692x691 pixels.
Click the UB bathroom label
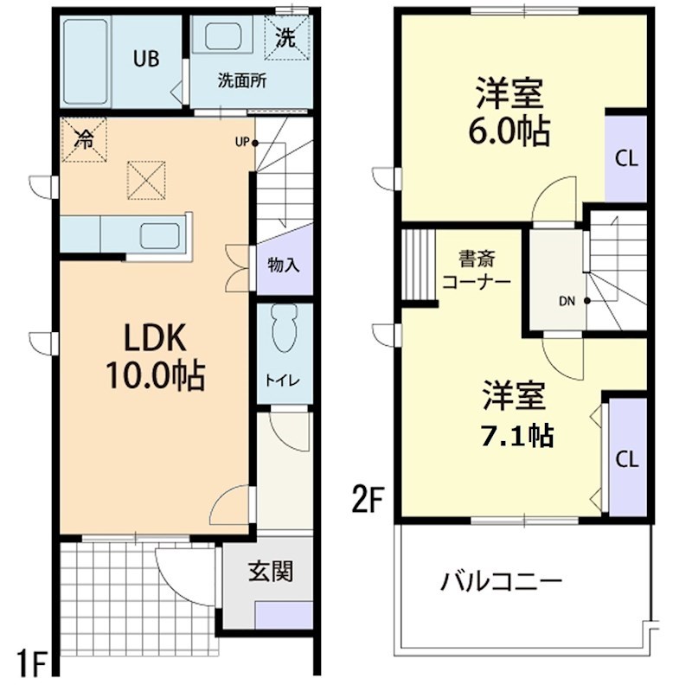tap(145, 59)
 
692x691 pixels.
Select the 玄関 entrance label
tap(269, 571)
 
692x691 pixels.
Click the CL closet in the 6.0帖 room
tap(626, 158)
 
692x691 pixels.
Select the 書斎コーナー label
tap(476, 269)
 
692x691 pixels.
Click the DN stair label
tap(567, 302)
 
